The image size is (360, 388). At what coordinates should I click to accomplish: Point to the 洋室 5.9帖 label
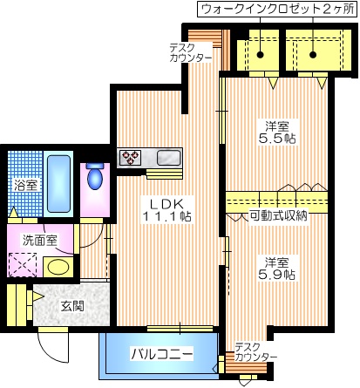[x=275, y=267]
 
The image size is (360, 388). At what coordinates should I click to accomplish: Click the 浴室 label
[x=25, y=186]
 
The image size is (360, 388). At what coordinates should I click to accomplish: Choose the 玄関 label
[x=73, y=305]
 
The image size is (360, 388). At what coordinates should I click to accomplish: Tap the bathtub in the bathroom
[x=58, y=183]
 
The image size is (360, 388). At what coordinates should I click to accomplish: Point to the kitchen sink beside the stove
[x=167, y=158]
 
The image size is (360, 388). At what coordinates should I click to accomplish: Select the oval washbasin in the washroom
[x=58, y=267]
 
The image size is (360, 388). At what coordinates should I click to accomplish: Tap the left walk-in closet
[x=261, y=53]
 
